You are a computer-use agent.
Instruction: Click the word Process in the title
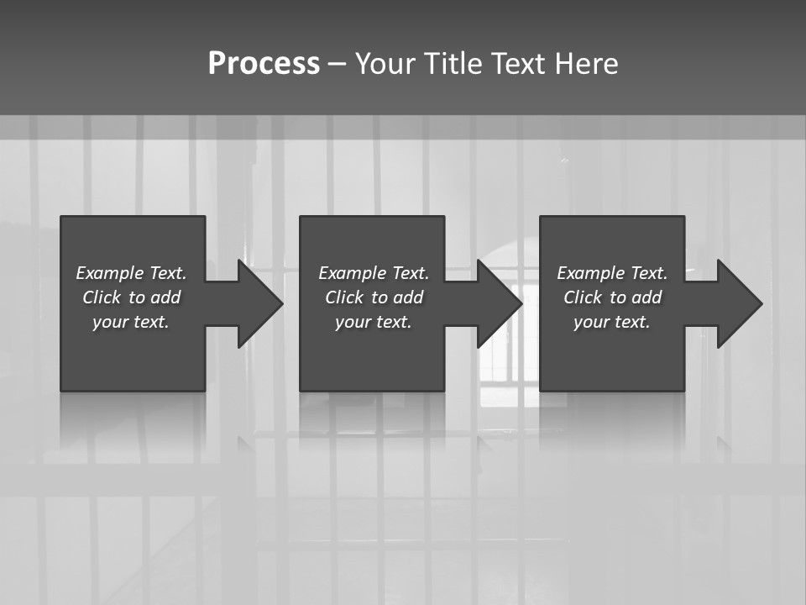click(264, 64)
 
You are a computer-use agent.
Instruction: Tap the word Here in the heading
click(587, 64)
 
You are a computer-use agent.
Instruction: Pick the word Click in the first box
click(102, 297)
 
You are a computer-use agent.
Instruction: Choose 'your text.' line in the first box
click(131, 322)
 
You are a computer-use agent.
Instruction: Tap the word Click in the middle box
click(344, 297)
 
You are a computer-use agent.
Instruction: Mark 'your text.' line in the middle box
click(373, 322)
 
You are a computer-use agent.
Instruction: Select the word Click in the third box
click(583, 297)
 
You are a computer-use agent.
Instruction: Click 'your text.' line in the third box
click(611, 322)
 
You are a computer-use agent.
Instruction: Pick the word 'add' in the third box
click(646, 297)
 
